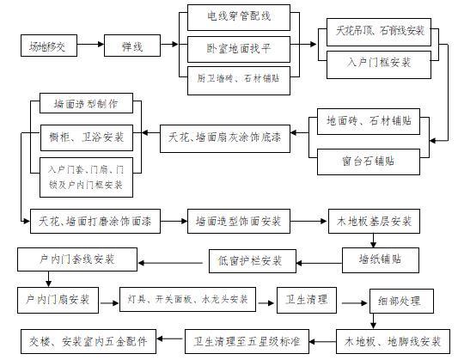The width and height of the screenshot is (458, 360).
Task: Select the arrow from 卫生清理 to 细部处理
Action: (349, 302)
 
